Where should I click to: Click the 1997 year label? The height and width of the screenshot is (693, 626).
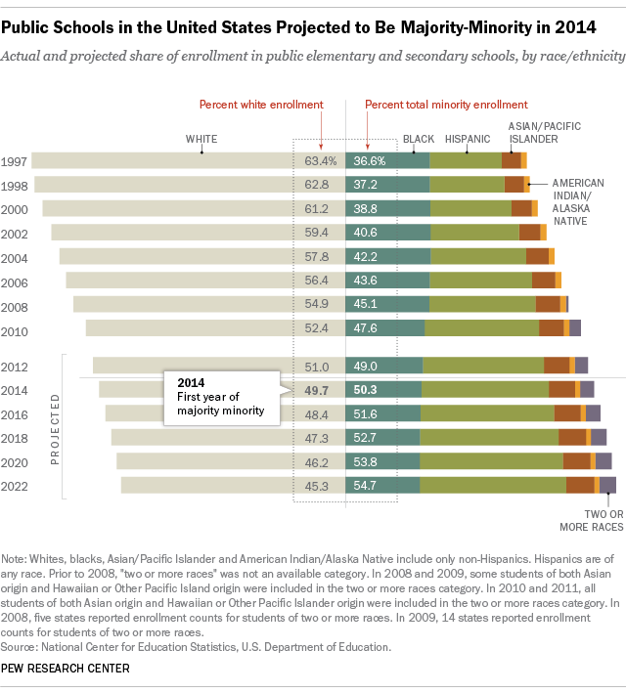click(x=16, y=160)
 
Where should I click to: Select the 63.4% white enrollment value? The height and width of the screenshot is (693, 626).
click(x=321, y=160)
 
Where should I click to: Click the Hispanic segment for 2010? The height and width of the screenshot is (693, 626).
click(x=481, y=328)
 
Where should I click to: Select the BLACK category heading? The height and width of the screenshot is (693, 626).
click(x=419, y=140)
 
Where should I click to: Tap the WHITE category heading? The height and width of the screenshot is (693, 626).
click(x=201, y=140)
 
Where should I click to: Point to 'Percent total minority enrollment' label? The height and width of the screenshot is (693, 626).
click(x=446, y=104)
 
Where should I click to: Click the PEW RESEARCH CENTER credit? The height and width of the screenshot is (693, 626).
click(x=67, y=668)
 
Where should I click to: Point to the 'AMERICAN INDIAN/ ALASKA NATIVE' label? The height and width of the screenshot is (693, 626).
click(x=576, y=201)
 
